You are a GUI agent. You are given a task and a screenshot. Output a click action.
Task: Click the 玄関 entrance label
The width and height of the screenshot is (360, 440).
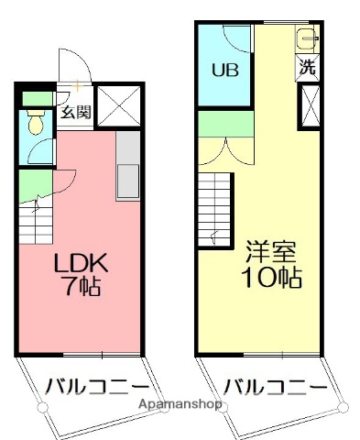pos(74,114)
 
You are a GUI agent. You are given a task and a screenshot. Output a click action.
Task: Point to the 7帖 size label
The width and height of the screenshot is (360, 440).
pos(81,287)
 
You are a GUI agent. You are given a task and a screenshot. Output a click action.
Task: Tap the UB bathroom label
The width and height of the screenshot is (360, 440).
pos(224,70)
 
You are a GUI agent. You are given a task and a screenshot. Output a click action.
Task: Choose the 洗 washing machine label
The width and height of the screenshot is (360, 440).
pos(309,67)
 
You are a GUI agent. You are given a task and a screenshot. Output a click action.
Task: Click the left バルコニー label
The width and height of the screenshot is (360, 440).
pos(89,385)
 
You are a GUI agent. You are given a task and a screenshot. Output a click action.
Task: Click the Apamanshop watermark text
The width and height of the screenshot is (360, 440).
pos(180,403)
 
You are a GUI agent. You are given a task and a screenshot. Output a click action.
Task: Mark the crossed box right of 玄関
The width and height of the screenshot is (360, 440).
pos(119,104)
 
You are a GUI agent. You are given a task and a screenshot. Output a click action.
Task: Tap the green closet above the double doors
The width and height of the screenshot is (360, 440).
pos(225,123)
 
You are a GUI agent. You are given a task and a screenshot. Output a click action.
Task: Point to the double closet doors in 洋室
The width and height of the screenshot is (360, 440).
pos(224,148)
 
